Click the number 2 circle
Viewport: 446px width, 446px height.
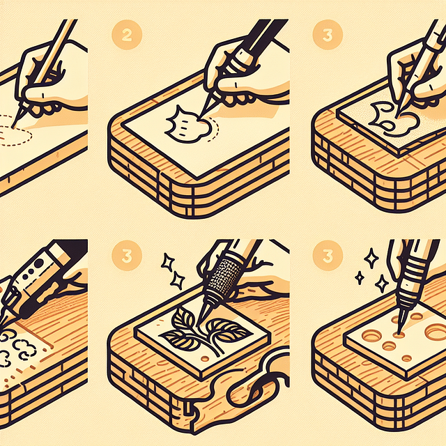point(127,35)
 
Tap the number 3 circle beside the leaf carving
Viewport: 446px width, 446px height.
point(127,256)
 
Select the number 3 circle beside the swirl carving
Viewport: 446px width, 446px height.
point(328,35)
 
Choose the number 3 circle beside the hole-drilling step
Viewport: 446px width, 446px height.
point(328,256)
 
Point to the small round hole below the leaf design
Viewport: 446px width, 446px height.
point(204,359)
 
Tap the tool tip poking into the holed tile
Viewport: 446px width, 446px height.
point(399,332)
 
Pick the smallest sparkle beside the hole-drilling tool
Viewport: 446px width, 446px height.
point(360,277)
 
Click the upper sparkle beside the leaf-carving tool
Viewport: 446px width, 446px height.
point(168,262)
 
